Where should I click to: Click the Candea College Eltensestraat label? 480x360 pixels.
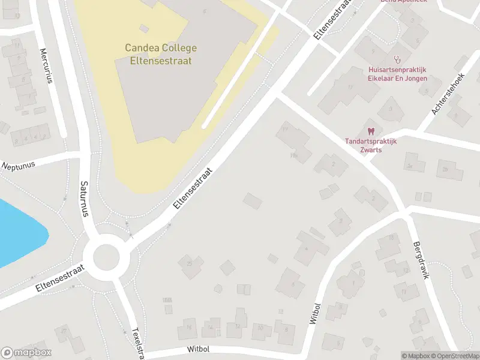160,53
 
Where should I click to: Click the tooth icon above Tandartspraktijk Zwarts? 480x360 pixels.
371,130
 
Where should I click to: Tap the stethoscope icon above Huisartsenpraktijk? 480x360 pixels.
397,59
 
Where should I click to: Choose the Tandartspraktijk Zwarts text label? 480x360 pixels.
371,145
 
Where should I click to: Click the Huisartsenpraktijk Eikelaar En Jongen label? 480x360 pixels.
397,74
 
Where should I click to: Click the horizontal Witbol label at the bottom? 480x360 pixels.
198,350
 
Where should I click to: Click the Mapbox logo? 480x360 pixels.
27,353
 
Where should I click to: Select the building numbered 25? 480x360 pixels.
191,265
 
